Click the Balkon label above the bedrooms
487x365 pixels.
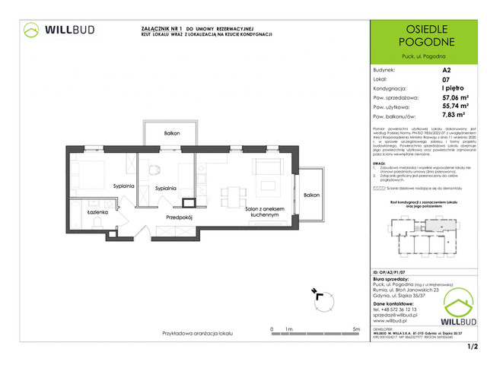[x=171, y=134]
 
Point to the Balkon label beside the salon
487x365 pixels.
[x=311, y=195]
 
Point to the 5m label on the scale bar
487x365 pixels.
[x=355, y=329]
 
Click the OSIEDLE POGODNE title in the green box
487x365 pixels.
[x=424, y=33]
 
